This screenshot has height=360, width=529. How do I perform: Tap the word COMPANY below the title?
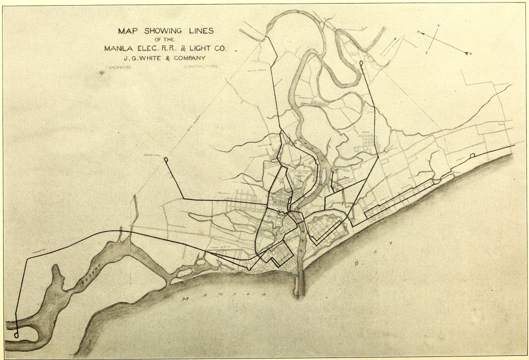click(185, 58)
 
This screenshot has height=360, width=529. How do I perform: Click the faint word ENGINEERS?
click(119, 68)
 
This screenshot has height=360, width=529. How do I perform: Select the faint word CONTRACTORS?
click(201, 67)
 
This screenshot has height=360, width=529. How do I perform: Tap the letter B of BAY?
click(356, 264)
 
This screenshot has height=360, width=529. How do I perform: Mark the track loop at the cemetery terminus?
click(166, 160)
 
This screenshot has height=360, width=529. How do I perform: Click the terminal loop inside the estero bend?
click(17, 334)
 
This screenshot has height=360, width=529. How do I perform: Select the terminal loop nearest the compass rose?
click(361, 64)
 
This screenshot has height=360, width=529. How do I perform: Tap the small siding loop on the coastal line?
click(473, 155)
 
